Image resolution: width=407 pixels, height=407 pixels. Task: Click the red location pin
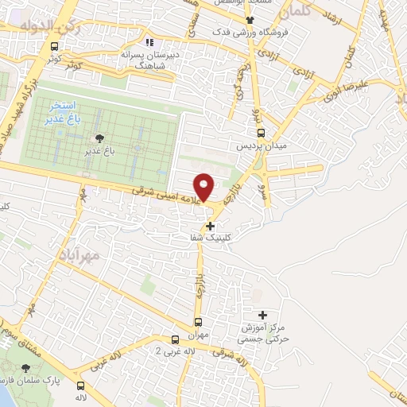coord(204,186)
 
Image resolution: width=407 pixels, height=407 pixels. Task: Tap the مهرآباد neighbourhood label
coord(79,256)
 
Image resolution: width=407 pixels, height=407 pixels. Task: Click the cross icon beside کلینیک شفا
coord(210,226)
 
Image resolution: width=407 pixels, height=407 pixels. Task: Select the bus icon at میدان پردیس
coord(260,134)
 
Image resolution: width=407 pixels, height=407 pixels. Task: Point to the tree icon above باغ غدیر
coord(99,138)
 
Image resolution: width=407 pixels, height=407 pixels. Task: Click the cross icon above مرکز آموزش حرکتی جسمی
coord(263,315)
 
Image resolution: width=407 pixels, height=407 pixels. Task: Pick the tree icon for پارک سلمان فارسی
coord(26,368)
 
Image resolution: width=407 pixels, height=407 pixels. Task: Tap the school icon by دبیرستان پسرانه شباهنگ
coord(148,42)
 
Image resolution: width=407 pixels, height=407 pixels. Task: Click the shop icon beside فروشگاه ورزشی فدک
coord(250,19)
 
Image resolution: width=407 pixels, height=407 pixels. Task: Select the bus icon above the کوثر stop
coord(54,46)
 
